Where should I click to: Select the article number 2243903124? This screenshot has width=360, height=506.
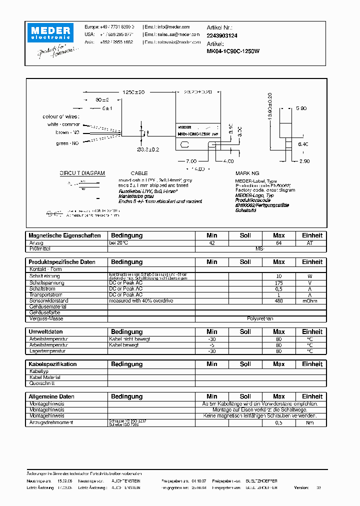222,35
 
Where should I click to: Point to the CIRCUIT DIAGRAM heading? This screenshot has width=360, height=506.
82,173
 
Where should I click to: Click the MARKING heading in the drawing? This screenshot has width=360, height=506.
247,173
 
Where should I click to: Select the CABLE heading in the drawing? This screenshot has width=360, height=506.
139,173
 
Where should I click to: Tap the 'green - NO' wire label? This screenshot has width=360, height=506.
67,143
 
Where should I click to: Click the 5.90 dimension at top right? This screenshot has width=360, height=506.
301,108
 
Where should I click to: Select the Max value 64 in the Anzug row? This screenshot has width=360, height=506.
278,243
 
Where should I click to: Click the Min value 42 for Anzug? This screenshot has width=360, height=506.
211,243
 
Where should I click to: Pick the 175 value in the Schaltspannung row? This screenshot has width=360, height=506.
278,282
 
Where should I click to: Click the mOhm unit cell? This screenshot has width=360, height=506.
312,301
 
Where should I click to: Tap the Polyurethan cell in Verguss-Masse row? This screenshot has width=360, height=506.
260,318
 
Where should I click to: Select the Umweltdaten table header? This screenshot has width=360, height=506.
45,332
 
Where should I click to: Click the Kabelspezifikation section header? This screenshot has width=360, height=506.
52,364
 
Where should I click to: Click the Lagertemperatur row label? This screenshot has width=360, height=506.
47,351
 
